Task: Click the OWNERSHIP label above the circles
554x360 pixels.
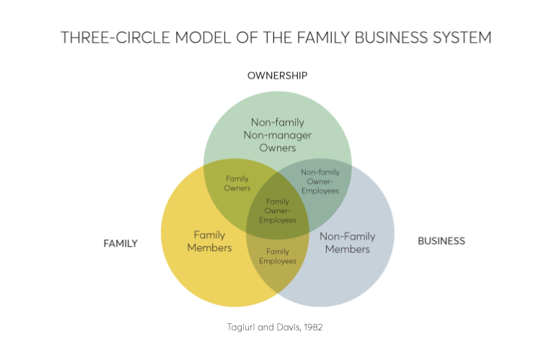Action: coord(277,76)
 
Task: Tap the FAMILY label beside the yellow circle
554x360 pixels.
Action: coord(120,244)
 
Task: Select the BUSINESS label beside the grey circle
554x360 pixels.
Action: coord(441,241)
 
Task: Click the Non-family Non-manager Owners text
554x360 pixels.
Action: coord(277,135)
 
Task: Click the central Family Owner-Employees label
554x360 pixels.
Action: coord(278,211)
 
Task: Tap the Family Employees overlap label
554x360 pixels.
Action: coord(277,256)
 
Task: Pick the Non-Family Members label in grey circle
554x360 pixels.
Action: coord(347,242)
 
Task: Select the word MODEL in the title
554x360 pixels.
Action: coord(199,38)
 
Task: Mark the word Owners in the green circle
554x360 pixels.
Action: coord(277,148)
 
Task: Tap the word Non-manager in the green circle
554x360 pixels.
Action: coord(277,135)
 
